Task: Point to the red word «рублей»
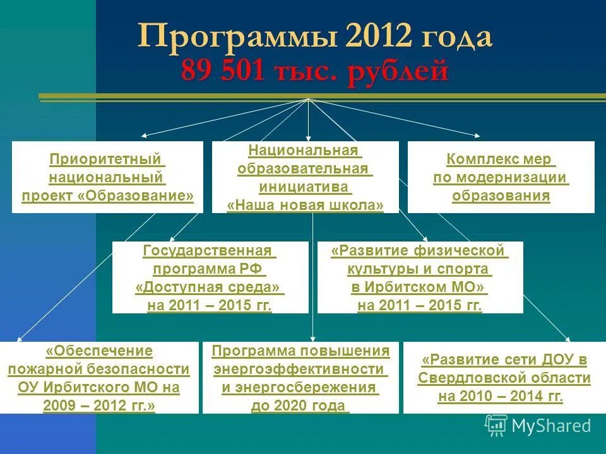tap(397, 71)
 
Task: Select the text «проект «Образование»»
tap(108, 195)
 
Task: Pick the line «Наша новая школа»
tap(305, 205)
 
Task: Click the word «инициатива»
tap(305, 187)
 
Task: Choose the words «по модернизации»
tap(501, 177)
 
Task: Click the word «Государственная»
tap(210, 251)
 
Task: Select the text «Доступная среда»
tap(210, 288)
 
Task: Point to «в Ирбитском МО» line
tap(419, 288)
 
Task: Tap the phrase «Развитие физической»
tap(419, 251)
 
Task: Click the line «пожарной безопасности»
tap(99, 369)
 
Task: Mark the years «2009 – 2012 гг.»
tap(99, 405)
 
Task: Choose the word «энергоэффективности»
tap(300, 369)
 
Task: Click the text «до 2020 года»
tap(300, 405)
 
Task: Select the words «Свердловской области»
tap(504, 379)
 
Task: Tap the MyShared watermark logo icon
tap(496, 426)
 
